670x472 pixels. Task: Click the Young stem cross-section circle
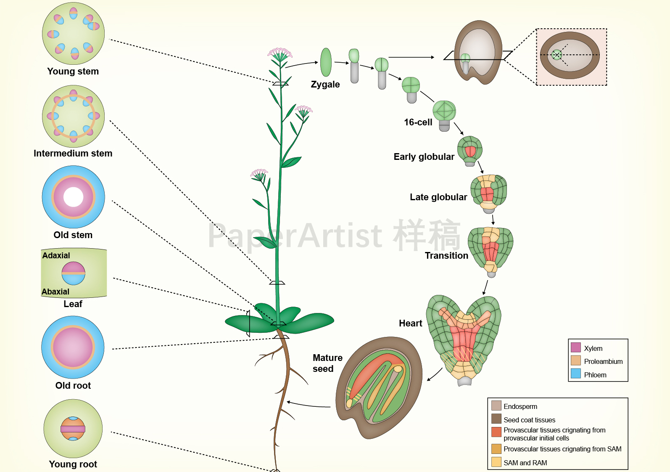click(x=73, y=34)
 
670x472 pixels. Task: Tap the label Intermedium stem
click(x=73, y=154)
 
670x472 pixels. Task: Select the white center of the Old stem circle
click(x=74, y=197)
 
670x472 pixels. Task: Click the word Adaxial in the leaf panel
click(x=56, y=255)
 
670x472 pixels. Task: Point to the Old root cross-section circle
click(x=73, y=347)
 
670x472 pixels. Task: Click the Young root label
click(x=73, y=464)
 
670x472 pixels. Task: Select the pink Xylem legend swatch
click(x=576, y=347)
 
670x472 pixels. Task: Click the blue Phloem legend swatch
click(x=576, y=374)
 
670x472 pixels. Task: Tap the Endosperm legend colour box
click(x=496, y=406)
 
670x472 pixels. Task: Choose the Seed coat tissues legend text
click(x=529, y=420)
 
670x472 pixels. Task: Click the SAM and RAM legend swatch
click(x=496, y=462)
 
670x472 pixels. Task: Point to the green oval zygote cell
click(x=326, y=62)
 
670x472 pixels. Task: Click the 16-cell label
click(x=418, y=122)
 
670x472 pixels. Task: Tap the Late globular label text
click(x=438, y=197)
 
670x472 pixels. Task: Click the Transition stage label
click(x=446, y=256)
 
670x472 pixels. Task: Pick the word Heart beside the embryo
click(x=410, y=323)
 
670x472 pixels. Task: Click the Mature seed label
click(x=327, y=363)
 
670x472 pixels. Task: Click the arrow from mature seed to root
click(x=309, y=405)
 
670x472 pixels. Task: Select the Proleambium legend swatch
click(x=576, y=361)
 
